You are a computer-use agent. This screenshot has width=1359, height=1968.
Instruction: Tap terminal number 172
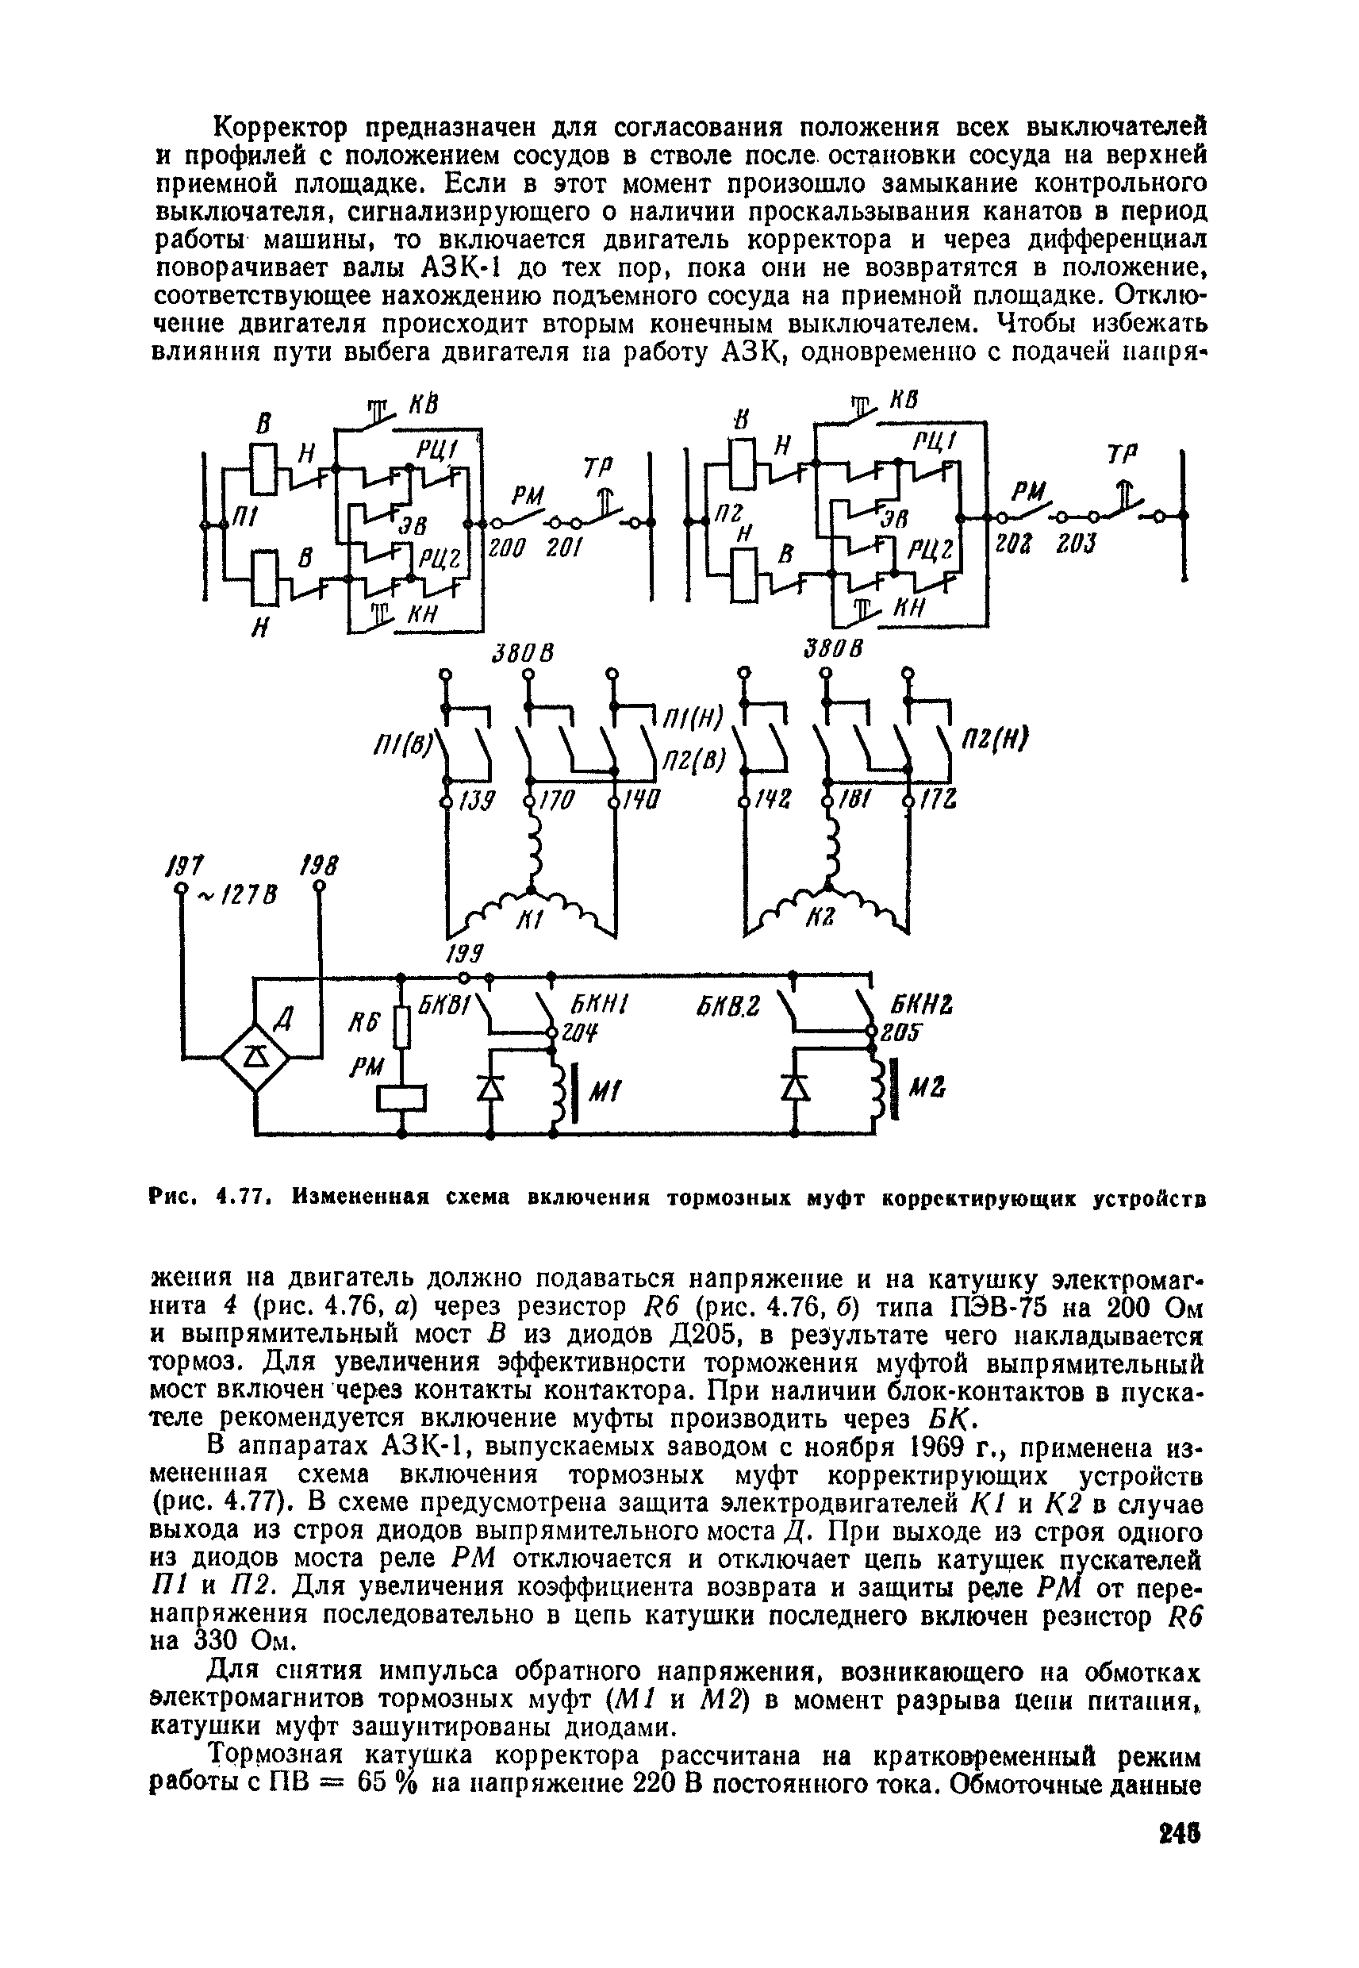pyautogui.click(x=939, y=801)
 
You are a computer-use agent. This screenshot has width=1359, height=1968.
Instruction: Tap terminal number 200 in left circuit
pyautogui.click(x=507, y=549)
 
